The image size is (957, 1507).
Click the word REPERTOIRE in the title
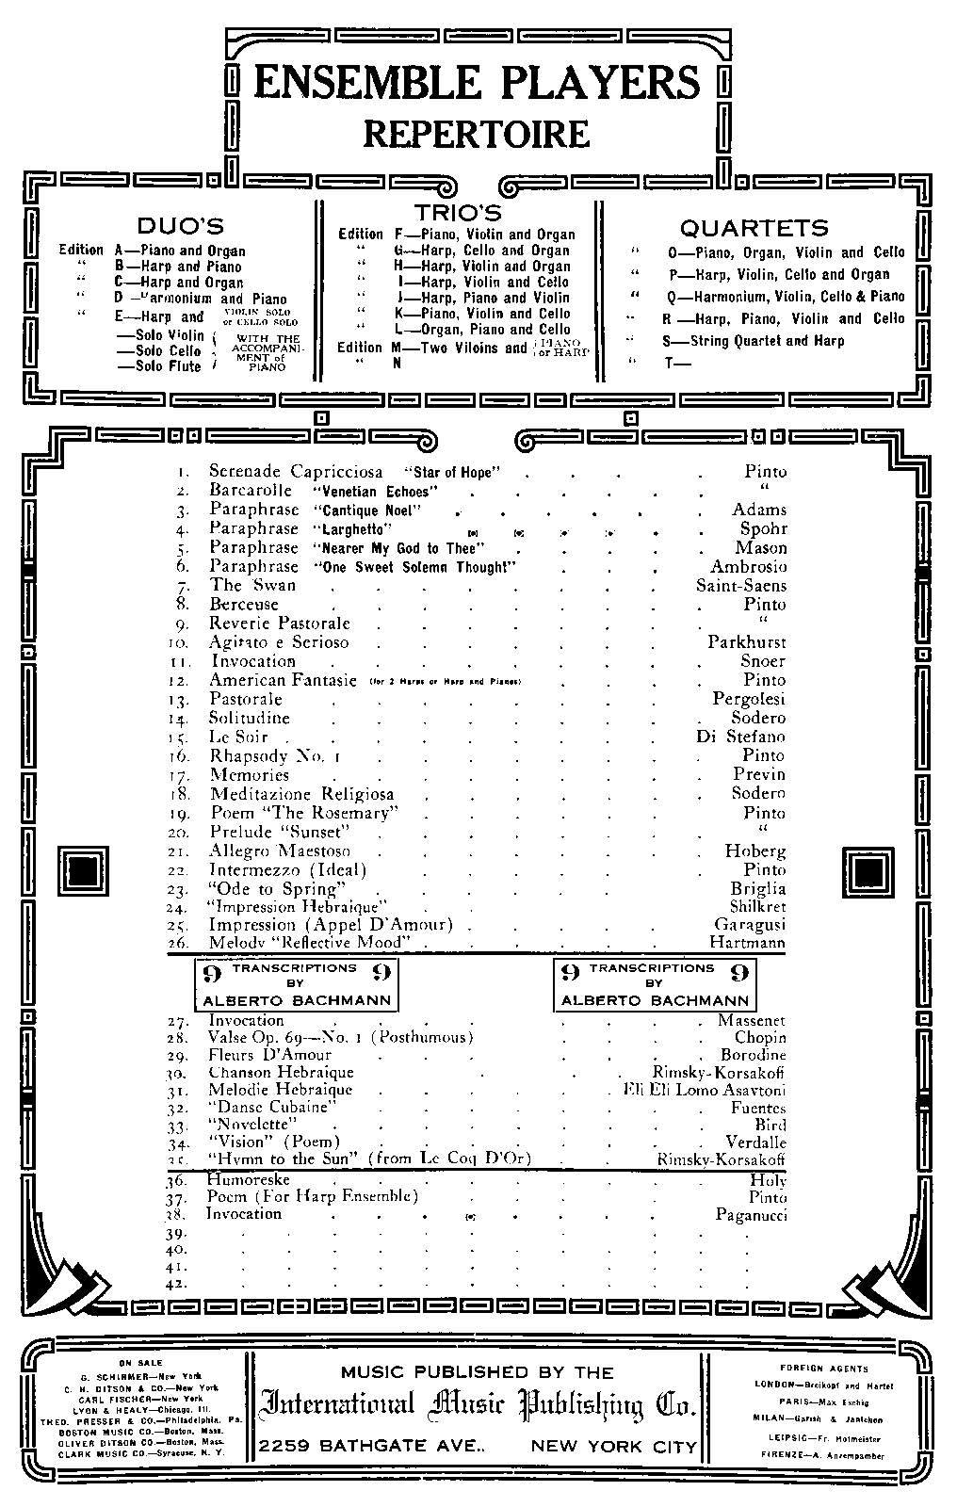tap(477, 133)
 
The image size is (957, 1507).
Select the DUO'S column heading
tap(181, 226)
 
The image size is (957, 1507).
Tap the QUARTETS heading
tap(754, 228)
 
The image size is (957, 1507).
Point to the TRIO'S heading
tap(458, 214)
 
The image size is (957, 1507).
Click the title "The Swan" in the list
tap(252, 585)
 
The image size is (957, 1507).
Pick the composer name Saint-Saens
tap(740, 586)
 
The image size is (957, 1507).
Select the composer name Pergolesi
tap(749, 699)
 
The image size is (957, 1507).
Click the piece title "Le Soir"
tap(238, 737)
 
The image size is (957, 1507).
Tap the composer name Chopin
tap(760, 1038)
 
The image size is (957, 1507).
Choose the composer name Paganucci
tap(751, 1215)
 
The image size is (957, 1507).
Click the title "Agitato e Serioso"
tap(279, 642)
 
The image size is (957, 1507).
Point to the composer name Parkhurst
tap(747, 642)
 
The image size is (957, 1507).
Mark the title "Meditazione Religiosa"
tap(301, 794)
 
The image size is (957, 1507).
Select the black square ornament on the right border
tap(868, 869)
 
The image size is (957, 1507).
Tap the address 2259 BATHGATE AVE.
tap(373, 1447)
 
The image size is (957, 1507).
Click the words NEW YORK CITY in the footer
tap(614, 1447)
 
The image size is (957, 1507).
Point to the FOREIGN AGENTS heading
tap(824, 1369)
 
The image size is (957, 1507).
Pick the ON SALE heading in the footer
tap(140, 1363)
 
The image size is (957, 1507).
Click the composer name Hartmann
tap(747, 943)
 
